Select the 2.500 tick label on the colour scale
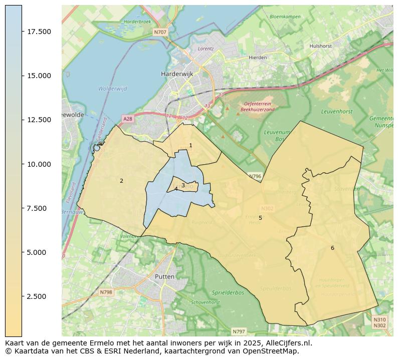39,296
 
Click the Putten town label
165,276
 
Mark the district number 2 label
121,181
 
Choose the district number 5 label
260,218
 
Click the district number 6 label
332,248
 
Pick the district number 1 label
190,145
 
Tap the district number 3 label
183,185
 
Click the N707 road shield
160,32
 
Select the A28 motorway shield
128,119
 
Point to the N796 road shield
255,176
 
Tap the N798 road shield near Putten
106,292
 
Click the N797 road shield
239,331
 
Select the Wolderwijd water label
110,89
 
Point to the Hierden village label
258,58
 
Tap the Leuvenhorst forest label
336,112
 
